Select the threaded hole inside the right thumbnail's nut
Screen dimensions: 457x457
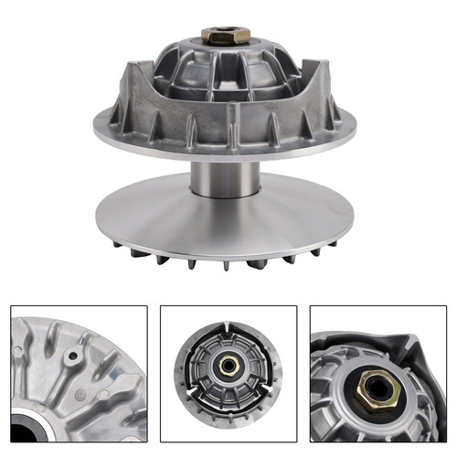tap(377, 389)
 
